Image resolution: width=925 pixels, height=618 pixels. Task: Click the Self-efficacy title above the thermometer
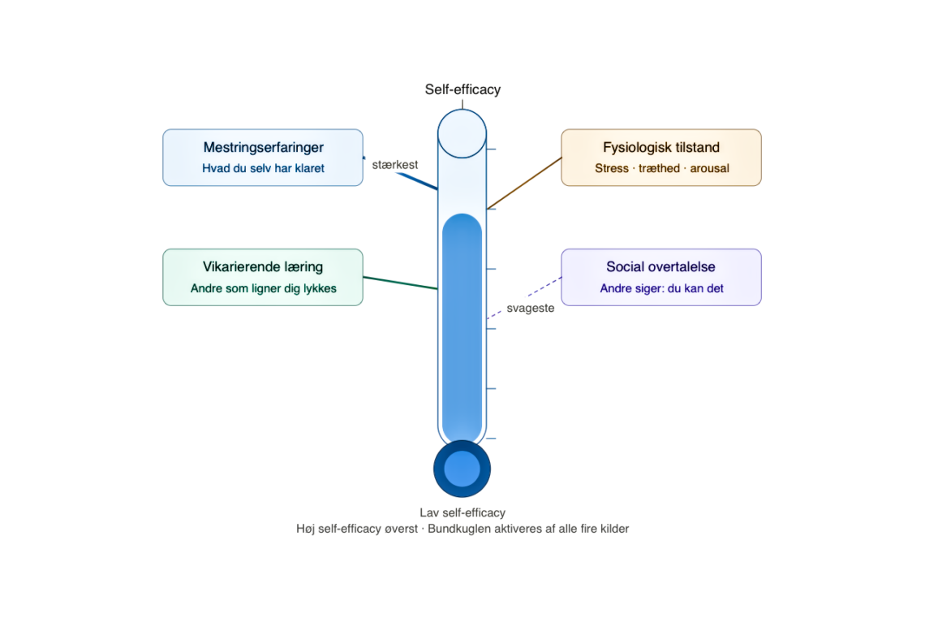coord(462,89)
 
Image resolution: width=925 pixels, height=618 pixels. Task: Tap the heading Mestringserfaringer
coord(263,148)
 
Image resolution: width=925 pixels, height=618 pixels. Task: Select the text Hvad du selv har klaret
coord(263,168)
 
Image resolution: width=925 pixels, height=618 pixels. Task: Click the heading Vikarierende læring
coord(263,267)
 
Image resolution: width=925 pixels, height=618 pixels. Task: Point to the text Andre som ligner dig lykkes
coord(263,288)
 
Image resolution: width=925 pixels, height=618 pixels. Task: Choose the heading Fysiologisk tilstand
coord(661,148)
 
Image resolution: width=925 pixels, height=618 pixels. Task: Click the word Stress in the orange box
coord(612,168)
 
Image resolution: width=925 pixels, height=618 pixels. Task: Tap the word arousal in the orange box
coord(710,168)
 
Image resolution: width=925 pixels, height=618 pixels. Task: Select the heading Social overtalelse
coord(660,267)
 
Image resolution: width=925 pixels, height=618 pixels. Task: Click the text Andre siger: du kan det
coord(661,288)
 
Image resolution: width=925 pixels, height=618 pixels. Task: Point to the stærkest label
coord(394,165)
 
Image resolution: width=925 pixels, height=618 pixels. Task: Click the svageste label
coord(531,308)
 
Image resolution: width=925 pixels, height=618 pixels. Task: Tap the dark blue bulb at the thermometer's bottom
coord(462,469)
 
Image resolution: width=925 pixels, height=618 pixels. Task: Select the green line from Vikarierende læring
coord(400,283)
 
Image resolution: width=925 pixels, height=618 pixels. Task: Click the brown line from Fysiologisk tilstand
coord(524,183)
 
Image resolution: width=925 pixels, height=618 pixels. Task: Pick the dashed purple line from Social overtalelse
coord(524,297)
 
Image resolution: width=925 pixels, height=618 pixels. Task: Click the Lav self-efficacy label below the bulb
coord(462,513)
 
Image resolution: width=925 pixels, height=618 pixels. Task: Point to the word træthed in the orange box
coord(659,168)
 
